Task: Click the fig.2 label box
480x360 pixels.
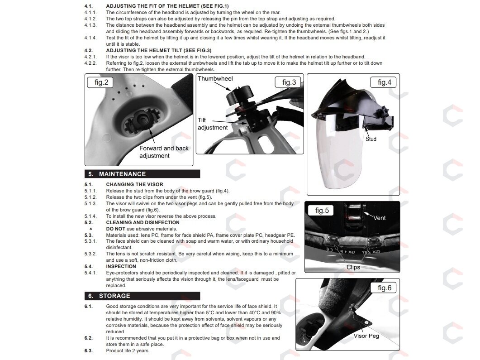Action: coord(100,82)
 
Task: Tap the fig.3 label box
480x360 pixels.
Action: coord(288,82)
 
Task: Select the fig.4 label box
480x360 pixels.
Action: coord(383,82)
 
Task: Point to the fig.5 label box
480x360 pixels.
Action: coord(322,211)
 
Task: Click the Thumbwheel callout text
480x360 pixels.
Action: coord(215,79)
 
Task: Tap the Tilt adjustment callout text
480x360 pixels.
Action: coord(213,124)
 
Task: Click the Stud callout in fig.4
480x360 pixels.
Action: coord(371,139)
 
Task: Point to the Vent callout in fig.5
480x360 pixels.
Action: coord(379,218)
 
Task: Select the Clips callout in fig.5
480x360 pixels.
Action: coord(353,267)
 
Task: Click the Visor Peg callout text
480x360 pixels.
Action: coord(366,336)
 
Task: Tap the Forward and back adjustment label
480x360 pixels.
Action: coord(164,152)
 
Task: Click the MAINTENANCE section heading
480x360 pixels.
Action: coord(123,174)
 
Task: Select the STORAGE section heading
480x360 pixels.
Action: coord(114,296)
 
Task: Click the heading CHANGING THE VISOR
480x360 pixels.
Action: coord(135,184)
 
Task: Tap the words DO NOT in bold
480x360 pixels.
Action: coord(116,229)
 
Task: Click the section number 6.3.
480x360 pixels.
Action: coord(89,351)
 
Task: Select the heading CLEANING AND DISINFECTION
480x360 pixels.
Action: coord(143,222)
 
